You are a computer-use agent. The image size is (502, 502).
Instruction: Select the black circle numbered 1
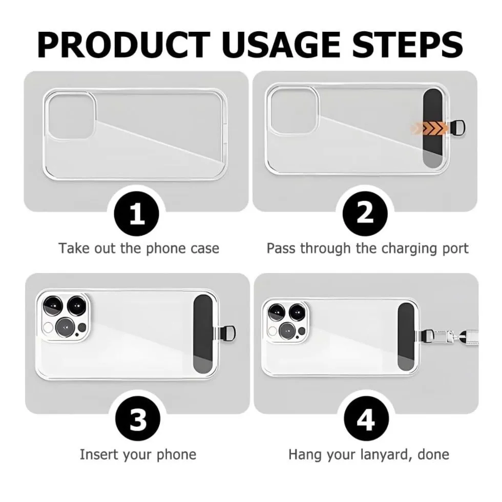click(137, 214)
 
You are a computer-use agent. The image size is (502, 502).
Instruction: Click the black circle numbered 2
click(365, 214)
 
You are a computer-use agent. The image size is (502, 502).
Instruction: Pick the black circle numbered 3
click(138, 419)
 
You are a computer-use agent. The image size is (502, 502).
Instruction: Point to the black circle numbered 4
click(366, 419)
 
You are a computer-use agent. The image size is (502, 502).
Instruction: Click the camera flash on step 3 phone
click(48, 328)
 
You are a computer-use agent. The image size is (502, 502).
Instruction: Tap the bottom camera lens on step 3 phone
click(66, 327)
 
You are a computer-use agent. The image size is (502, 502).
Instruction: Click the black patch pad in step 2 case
click(433, 128)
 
